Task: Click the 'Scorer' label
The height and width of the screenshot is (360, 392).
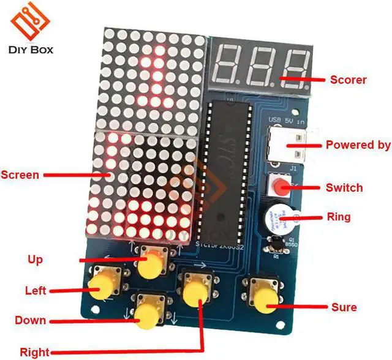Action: pos(348,79)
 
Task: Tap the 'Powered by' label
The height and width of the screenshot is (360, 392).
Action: pos(358,145)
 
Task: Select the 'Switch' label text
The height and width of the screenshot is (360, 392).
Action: pos(344,187)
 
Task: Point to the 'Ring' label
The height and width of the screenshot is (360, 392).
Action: pos(339,217)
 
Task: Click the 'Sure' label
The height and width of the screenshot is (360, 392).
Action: pos(344,307)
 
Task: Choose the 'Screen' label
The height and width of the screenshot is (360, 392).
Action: pos(20,174)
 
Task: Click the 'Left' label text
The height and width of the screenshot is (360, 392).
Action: pos(36,290)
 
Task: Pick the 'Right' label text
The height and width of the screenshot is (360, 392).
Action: pos(35,352)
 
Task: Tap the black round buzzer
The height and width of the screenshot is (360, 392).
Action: pos(278,219)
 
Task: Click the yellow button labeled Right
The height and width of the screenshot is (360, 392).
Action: pos(196,293)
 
